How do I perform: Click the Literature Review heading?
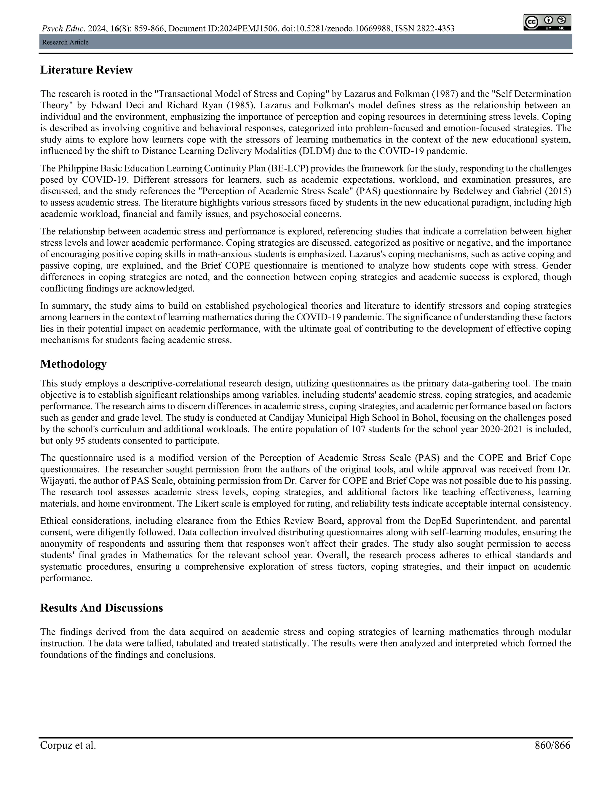pyautogui.click(x=86, y=70)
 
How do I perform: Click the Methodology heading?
pyautogui.click(x=74, y=364)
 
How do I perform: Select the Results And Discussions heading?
pyautogui.click(x=101, y=608)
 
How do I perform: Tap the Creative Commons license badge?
pyautogui.click(x=547, y=22)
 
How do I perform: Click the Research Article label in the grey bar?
pyautogui.click(x=65, y=42)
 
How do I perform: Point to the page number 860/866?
pyautogui.click(x=552, y=745)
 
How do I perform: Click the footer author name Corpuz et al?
pyautogui.click(x=68, y=745)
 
